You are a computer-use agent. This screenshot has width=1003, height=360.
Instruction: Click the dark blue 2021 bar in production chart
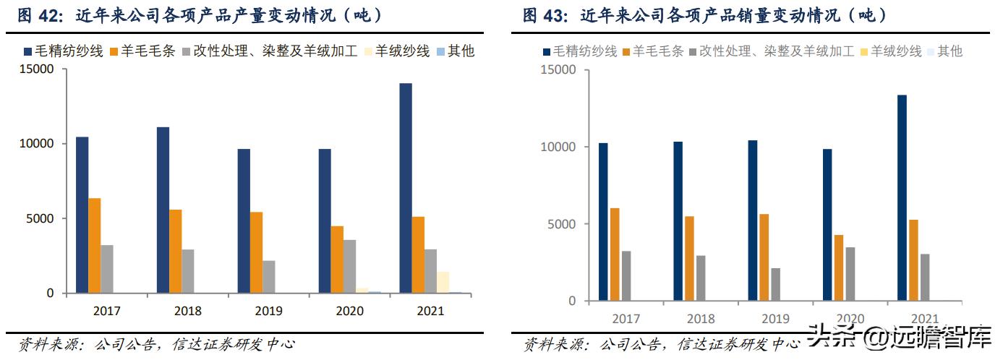tap(406, 188)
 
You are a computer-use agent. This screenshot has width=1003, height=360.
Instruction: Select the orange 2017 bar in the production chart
tap(95, 245)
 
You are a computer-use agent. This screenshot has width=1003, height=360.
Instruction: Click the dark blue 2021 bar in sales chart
tap(902, 197)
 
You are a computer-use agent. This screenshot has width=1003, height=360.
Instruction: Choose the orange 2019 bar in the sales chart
tap(764, 257)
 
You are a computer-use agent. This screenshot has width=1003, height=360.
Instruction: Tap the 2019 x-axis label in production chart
tap(268, 312)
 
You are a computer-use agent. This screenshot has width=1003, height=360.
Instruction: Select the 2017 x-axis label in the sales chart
tap(626, 319)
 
